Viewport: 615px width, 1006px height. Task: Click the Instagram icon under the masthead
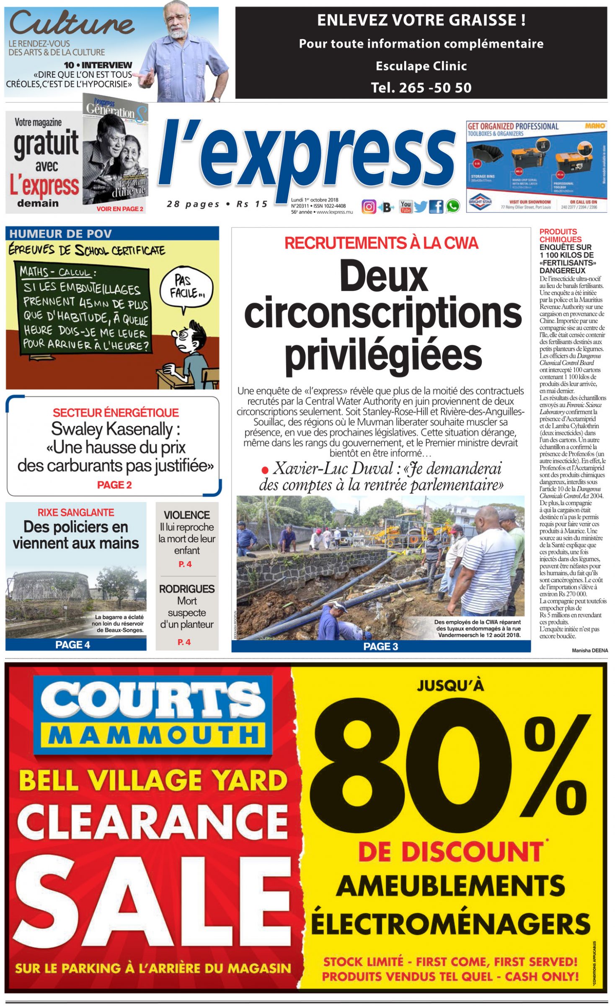pyautogui.click(x=369, y=207)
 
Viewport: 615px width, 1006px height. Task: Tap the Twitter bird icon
pyautogui.click(x=420, y=207)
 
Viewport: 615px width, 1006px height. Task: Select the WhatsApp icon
pyautogui.click(x=452, y=206)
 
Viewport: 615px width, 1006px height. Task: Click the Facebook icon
pyautogui.click(x=436, y=207)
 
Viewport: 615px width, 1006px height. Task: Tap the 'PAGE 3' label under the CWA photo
pyautogui.click(x=380, y=646)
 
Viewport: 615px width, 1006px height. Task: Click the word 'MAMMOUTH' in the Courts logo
pyautogui.click(x=154, y=735)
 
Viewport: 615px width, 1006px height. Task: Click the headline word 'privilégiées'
pyautogui.click(x=383, y=354)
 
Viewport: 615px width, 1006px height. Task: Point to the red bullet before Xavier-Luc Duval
pyautogui.click(x=265, y=470)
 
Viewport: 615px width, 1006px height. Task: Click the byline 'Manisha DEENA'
pyautogui.click(x=589, y=650)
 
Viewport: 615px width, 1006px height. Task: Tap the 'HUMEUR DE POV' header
pyautogui.click(x=61, y=233)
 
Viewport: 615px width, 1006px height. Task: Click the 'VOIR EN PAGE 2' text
pyautogui.click(x=120, y=209)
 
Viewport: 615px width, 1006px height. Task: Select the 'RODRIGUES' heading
pyautogui.click(x=187, y=589)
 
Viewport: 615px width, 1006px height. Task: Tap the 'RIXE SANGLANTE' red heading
pyautogui.click(x=76, y=512)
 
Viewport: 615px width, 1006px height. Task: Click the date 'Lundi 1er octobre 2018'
pyautogui.click(x=315, y=200)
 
